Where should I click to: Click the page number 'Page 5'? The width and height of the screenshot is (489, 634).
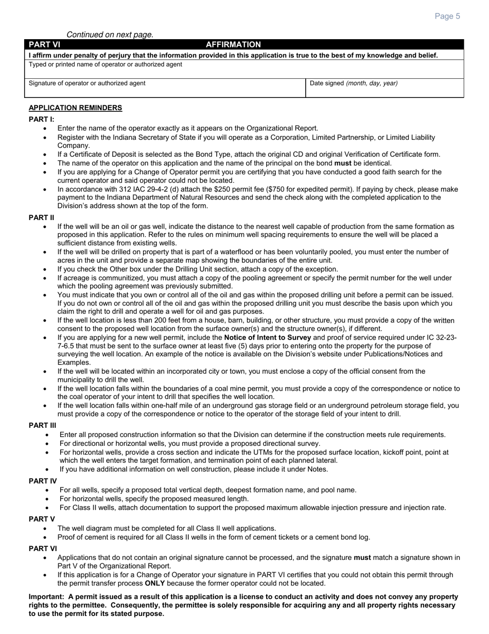click(447, 16)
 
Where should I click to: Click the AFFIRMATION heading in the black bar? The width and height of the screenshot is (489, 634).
click(233, 45)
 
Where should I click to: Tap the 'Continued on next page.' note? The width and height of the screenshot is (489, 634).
click(110, 35)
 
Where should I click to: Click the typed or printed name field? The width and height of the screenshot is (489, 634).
click(244, 71)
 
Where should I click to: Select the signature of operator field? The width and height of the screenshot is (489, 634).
click(165, 89)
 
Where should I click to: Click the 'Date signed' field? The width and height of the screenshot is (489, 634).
click(385, 89)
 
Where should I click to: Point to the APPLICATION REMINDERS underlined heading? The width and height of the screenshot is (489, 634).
click(75, 108)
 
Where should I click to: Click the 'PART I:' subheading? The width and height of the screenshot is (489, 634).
click(41, 119)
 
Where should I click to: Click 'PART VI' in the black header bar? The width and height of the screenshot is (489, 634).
click(45, 45)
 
